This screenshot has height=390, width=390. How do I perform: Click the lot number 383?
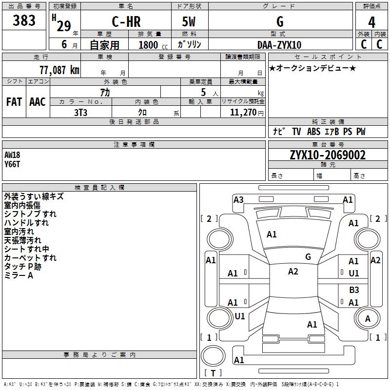(24, 20)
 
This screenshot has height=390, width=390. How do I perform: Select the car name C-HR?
(126, 21)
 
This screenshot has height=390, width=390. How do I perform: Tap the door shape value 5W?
(189, 21)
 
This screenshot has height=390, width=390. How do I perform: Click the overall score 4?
(371, 22)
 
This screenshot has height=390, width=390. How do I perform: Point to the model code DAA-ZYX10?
(279, 45)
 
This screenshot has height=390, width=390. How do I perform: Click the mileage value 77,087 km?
(59, 70)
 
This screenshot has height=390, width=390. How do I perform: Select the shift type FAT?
(14, 102)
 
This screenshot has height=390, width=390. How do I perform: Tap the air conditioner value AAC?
(38, 102)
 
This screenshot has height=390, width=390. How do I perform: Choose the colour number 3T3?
(80, 113)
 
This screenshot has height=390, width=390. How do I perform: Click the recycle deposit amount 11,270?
(243, 113)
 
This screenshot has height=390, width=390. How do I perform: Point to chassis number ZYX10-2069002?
(328, 155)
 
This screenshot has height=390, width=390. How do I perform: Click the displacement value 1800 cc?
(153, 45)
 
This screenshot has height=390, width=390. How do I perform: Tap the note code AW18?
(12, 155)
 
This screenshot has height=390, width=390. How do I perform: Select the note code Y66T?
(12, 164)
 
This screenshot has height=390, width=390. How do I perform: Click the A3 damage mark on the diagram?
(238, 200)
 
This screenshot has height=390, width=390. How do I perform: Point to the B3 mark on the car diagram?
(354, 290)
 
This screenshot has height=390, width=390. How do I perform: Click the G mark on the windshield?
(308, 257)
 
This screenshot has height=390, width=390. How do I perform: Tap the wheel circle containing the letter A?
(367, 318)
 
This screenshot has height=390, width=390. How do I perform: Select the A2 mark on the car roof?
(293, 272)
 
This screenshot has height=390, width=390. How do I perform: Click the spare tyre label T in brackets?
(213, 373)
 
